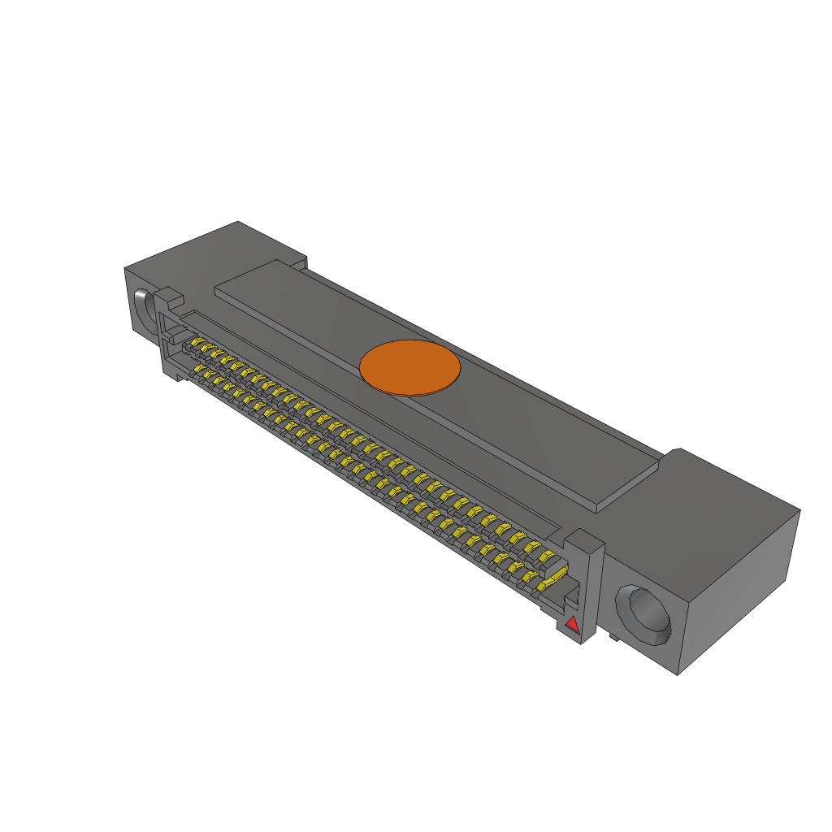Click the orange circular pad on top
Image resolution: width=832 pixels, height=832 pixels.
point(409,367)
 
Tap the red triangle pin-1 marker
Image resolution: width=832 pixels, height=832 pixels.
point(572,624)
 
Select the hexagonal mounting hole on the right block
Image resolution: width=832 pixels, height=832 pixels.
point(643,614)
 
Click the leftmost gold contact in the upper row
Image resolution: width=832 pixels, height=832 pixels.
point(197,344)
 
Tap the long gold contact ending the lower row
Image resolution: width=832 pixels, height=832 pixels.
point(554,578)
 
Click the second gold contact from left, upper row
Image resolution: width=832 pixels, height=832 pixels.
point(207,350)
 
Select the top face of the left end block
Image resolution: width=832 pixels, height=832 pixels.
point(215,252)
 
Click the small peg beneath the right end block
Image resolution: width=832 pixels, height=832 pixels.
point(614,639)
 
